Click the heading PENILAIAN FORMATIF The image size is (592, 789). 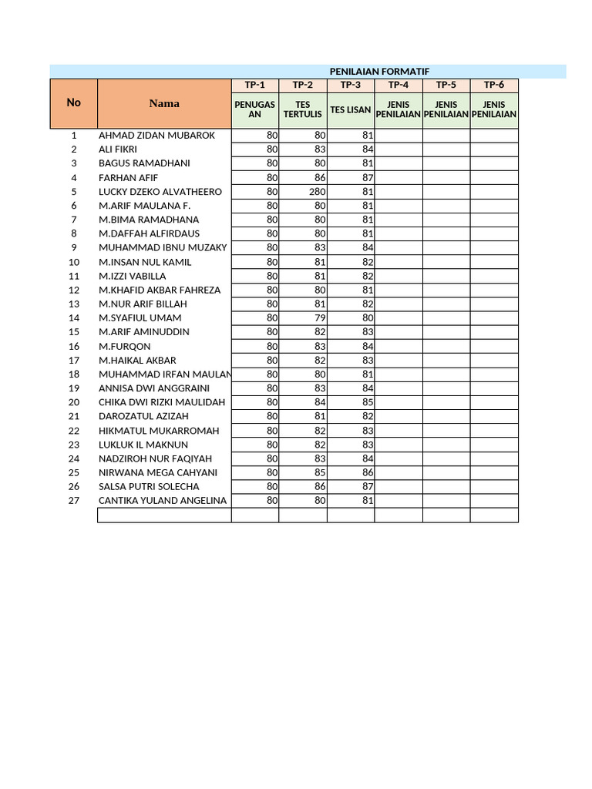378,71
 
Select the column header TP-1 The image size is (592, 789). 255,85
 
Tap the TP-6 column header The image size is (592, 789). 494,85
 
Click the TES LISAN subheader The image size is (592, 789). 351,109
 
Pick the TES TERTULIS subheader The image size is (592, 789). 303,109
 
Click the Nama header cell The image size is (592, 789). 164,103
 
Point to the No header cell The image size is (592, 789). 73,102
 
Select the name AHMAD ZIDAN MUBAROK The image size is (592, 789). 157,136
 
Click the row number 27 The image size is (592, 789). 74,501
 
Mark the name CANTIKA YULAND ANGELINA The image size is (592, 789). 163,501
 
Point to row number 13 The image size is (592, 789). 74,304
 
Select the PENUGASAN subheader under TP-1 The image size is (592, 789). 255,109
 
